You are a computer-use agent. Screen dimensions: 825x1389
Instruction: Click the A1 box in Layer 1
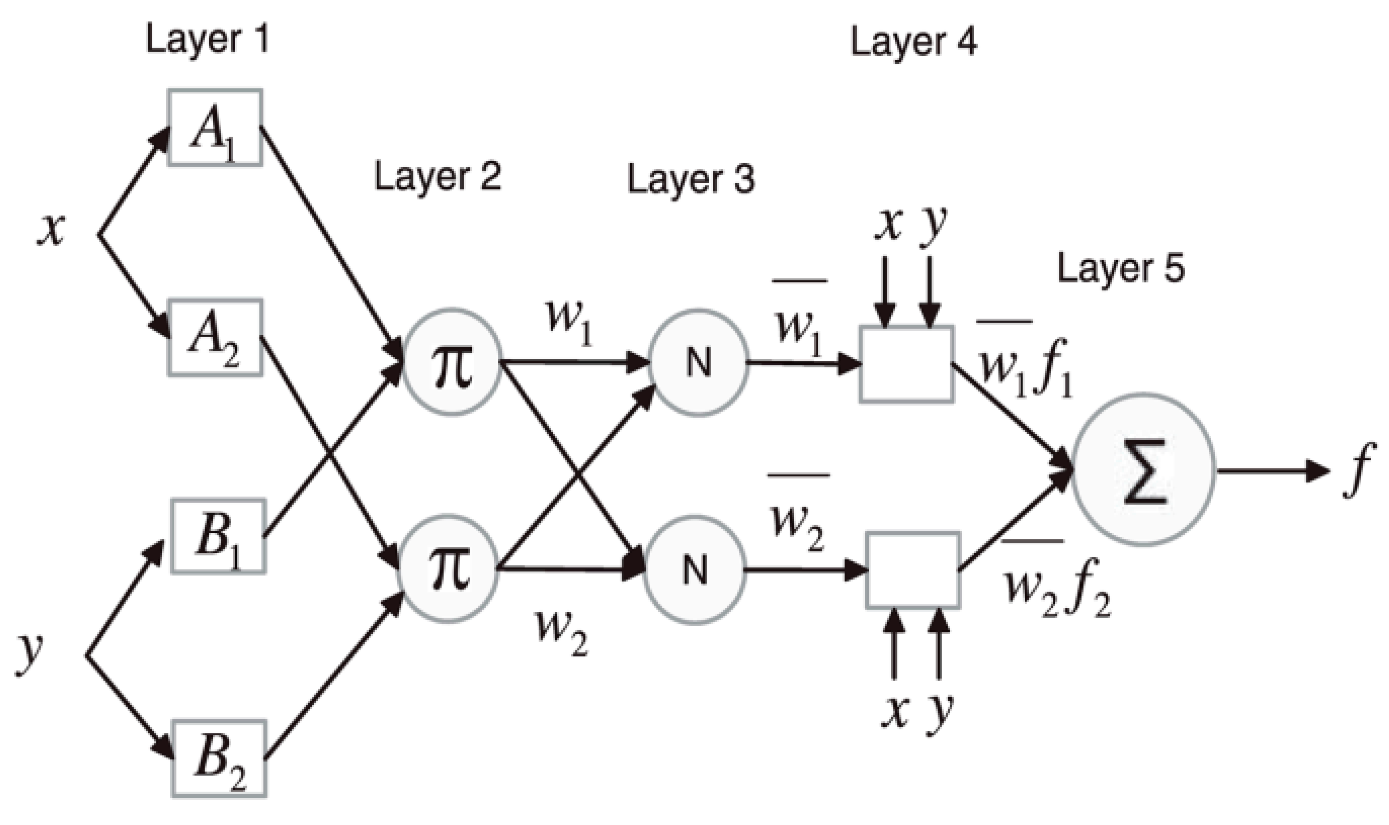point(215,128)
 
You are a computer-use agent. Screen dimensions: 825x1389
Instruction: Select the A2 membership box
point(216,337)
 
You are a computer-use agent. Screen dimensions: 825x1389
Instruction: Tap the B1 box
point(218,536)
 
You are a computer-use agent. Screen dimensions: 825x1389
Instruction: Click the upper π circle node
point(452,362)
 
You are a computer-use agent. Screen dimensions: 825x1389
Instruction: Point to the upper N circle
point(699,362)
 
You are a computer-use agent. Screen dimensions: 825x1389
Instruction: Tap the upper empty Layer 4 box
point(906,364)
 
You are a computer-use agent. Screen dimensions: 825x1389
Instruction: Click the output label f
point(1359,470)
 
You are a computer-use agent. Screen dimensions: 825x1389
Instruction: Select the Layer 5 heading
point(1120,269)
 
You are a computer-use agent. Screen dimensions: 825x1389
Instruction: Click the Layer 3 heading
point(691,180)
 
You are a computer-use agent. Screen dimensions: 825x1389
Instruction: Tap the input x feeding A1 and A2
point(51,230)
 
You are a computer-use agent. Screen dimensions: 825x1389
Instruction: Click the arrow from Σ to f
point(1273,471)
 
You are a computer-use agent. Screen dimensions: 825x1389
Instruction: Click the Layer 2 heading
point(438,177)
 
